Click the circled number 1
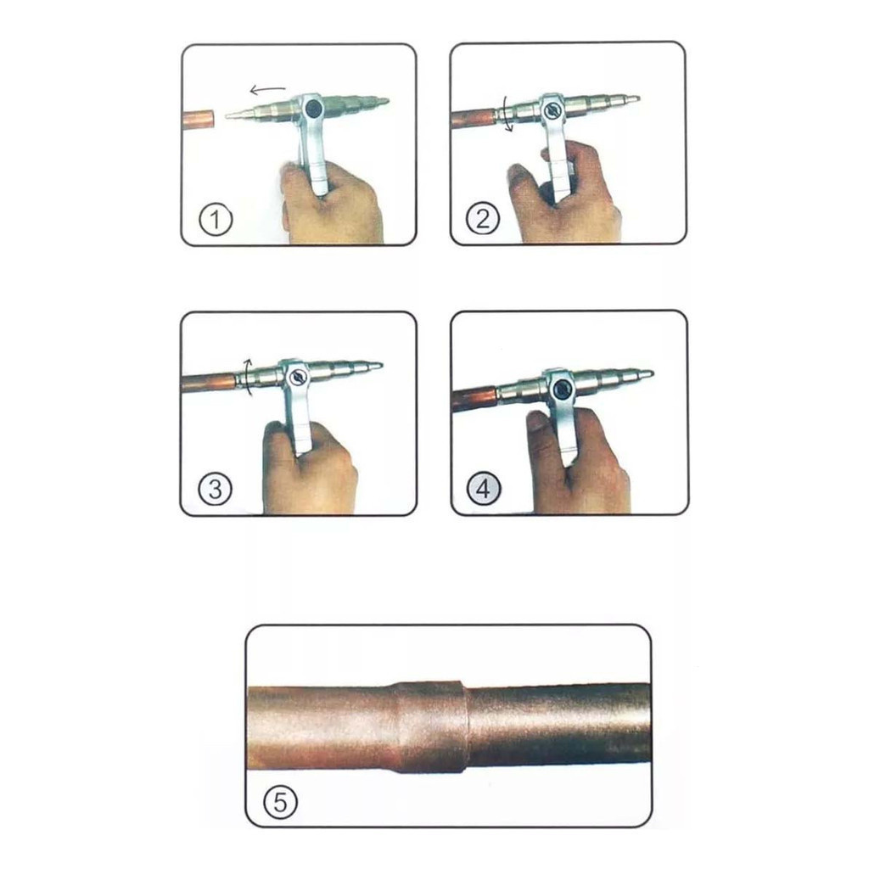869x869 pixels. pos(216,220)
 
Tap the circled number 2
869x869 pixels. pos(483,218)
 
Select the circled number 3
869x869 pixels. pos(215,489)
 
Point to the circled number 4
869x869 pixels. pos(484,489)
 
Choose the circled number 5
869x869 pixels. pos(280,802)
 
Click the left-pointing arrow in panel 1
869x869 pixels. pos(267,90)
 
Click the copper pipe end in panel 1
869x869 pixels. pos(199,119)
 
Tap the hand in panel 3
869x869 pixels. pos(307,468)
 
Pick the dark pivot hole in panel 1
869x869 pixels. pos(312,108)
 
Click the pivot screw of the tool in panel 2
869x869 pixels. pos(552,110)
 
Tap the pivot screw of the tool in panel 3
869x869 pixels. pos(298,377)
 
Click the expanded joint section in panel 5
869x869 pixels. pos(431,726)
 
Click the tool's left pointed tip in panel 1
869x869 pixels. pos(227,115)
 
